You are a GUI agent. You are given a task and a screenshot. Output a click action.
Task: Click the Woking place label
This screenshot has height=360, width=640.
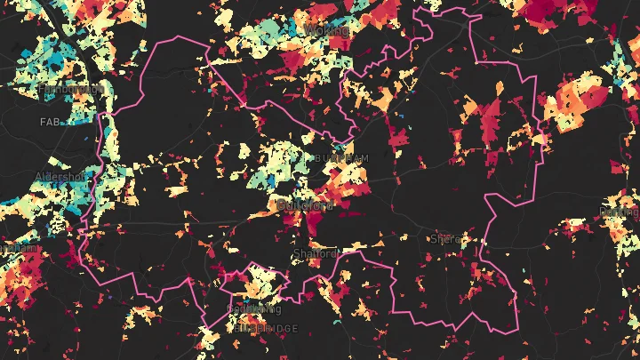[327, 30]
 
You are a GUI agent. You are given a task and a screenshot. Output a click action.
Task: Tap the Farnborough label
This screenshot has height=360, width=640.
[44, 90]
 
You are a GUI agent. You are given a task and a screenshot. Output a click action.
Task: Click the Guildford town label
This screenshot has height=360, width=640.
[304, 204]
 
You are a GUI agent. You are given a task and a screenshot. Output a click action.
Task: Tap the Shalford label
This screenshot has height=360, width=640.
[316, 254]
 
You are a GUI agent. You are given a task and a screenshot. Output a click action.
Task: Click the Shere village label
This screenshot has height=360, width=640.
[442, 239]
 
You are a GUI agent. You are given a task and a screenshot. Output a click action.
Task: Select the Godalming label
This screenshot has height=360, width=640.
[254, 309]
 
